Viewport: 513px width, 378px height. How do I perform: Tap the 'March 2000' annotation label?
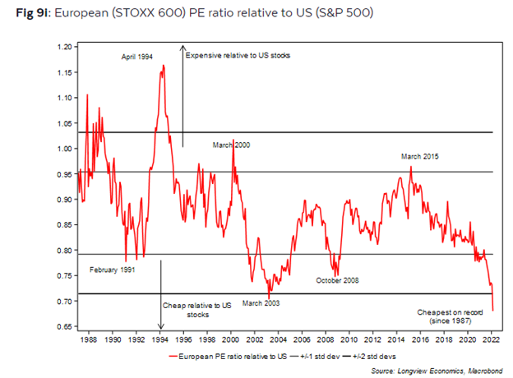point(231,145)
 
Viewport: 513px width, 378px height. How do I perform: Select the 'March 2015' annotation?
point(420,157)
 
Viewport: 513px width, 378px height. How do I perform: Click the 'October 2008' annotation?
point(337,281)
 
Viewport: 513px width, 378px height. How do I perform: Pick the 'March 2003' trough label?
point(261,303)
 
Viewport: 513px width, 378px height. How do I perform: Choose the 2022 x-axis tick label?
point(491,338)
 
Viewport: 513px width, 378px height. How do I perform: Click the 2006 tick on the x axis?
point(302,338)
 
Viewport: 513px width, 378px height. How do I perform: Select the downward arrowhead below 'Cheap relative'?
point(160,325)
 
